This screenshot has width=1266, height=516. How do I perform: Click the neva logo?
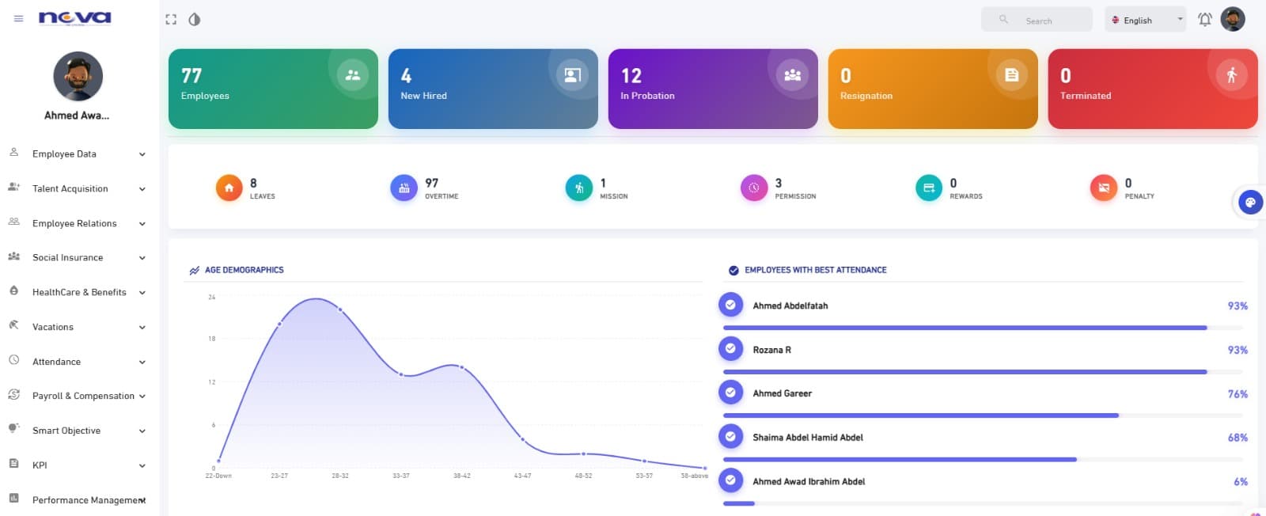click(x=75, y=17)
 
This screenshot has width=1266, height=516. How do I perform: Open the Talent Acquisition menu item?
click(x=70, y=188)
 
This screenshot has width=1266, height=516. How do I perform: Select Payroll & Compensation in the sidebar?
click(x=83, y=396)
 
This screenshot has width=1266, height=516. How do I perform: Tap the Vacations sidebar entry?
click(x=53, y=327)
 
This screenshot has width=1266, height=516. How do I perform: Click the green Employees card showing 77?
click(x=273, y=89)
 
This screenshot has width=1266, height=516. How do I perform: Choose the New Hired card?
click(x=493, y=89)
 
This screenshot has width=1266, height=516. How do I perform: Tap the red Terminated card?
click(x=1152, y=89)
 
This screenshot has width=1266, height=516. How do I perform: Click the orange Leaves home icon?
click(x=229, y=188)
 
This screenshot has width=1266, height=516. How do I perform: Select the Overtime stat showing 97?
click(x=432, y=188)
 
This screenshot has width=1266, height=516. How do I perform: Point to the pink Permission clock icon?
click(x=753, y=188)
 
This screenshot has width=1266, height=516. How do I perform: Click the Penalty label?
click(x=1139, y=196)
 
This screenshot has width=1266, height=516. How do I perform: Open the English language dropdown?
click(x=1145, y=21)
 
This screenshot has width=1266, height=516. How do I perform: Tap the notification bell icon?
click(x=1204, y=20)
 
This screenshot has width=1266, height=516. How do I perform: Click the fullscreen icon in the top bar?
click(x=171, y=20)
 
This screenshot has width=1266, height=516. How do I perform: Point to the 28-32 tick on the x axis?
click(x=340, y=476)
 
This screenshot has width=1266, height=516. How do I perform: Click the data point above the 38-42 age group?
click(x=462, y=368)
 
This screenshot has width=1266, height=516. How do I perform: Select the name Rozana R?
click(x=771, y=350)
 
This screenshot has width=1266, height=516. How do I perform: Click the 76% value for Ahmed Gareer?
click(x=1238, y=394)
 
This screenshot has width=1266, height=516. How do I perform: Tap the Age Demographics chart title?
click(x=244, y=270)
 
